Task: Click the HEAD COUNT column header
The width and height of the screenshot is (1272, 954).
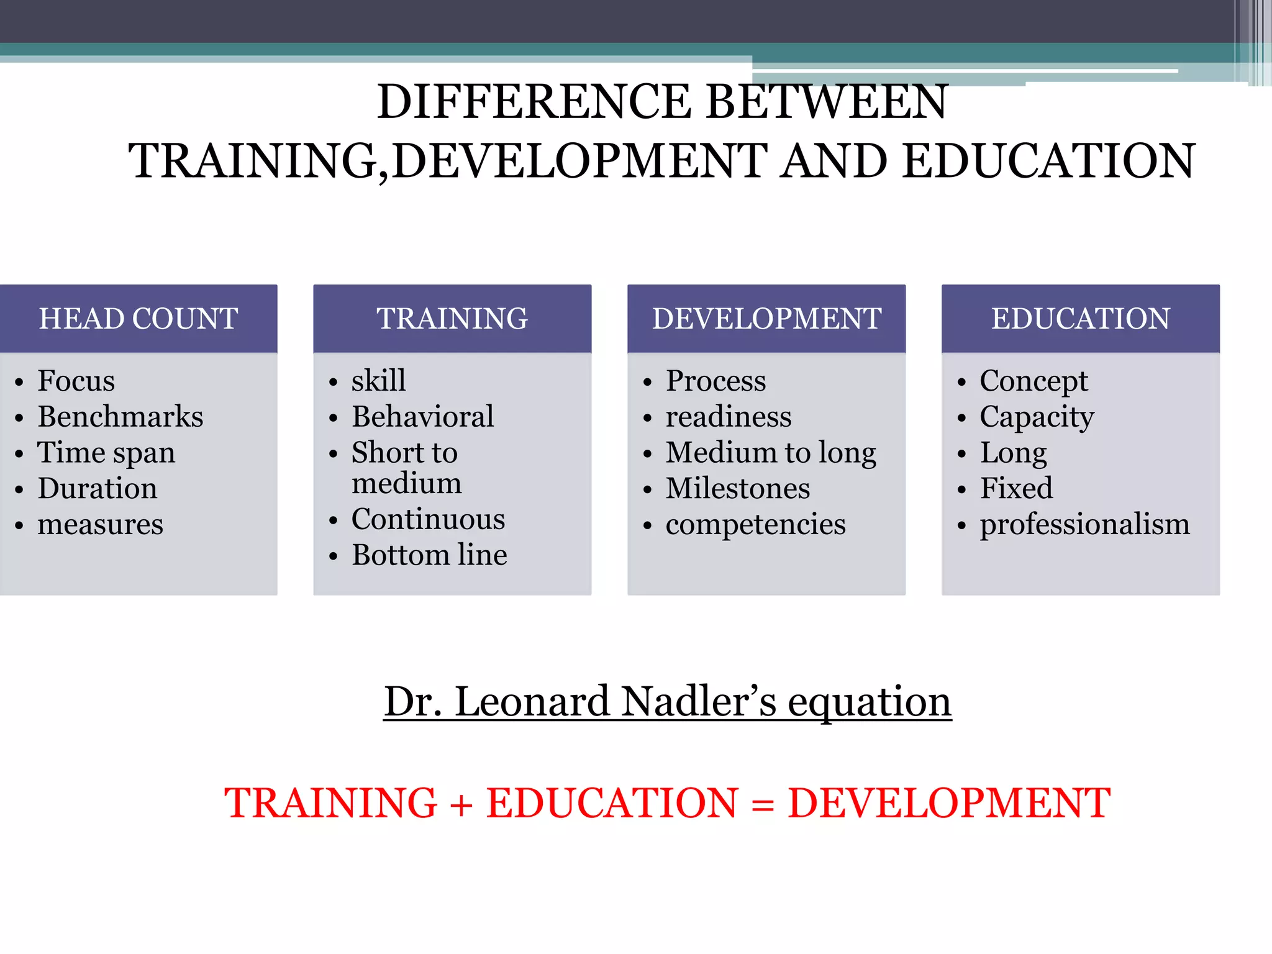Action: (x=138, y=319)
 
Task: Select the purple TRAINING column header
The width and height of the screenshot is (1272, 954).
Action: (x=452, y=319)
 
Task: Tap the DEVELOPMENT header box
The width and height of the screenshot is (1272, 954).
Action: (x=766, y=319)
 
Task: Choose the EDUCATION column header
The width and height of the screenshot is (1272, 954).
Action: (x=1080, y=319)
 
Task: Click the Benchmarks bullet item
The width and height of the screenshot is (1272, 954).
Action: (x=120, y=417)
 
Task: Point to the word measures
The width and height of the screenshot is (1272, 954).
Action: (x=100, y=525)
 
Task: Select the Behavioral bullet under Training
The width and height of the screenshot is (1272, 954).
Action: (x=422, y=417)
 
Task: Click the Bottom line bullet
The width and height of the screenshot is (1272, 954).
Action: (x=429, y=555)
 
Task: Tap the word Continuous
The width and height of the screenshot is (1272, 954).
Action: (x=428, y=519)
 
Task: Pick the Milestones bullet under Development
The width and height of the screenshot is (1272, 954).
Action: (x=737, y=489)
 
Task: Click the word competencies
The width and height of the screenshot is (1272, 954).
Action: (x=755, y=525)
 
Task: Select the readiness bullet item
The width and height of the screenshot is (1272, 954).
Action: (x=729, y=417)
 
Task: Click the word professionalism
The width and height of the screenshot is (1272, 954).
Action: (x=1084, y=525)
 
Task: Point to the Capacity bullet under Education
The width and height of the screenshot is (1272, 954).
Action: (x=1037, y=417)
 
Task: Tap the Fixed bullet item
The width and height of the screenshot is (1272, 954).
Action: (x=1016, y=489)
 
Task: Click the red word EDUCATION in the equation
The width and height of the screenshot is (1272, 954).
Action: (x=612, y=804)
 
